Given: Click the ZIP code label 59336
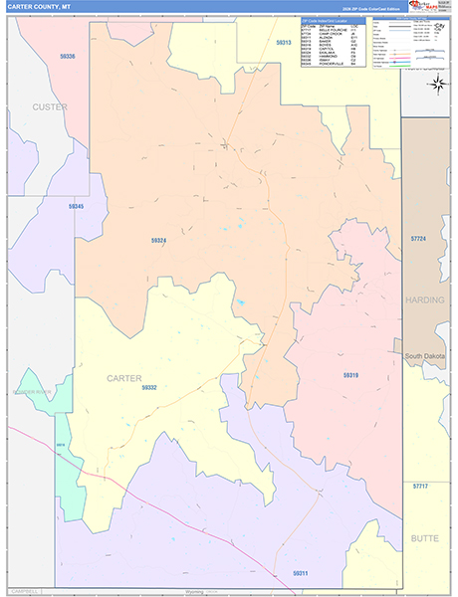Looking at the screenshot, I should click(x=68, y=57).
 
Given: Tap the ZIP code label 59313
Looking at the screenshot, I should click(x=283, y=43).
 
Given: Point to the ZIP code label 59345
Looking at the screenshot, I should click(x=77, y=206).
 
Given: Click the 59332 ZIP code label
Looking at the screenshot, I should click(x=148, y=387).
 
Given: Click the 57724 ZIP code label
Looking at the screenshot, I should click(x=417, y=239).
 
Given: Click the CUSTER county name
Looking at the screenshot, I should click(x=49, y=106).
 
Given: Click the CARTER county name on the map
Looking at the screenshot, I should click(x=124, y=377).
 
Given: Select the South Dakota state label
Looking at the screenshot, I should click(x=426, y=355).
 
